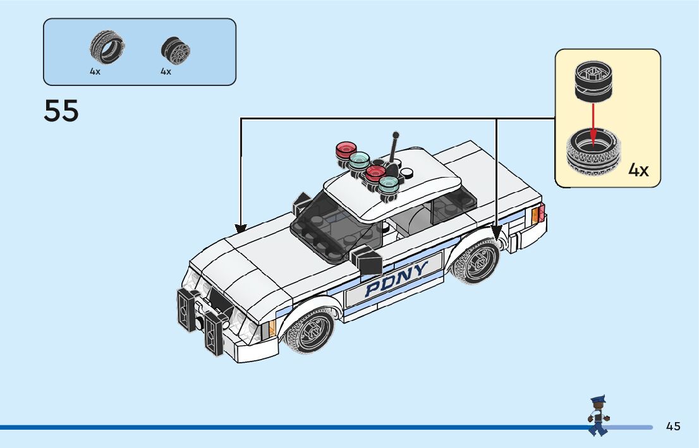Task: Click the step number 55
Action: click(x=61, y=111)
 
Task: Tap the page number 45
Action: click(x=673, y=427)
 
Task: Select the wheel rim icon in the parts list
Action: click(x=175, y=49)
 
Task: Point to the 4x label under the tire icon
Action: click(x=95, y=72)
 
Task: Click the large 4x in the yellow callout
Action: click(x=638, y=170)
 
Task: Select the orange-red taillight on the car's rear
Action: click(x=538, y=214)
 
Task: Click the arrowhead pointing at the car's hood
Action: click(x=241, y=227)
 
